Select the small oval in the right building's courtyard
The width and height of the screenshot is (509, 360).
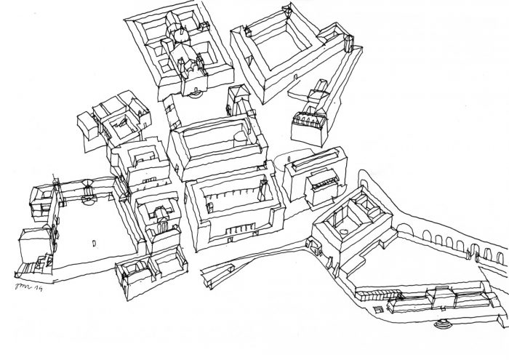342,233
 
